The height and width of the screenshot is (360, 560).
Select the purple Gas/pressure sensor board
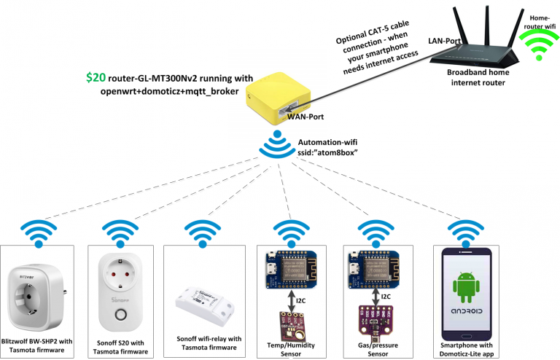[373, 321]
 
